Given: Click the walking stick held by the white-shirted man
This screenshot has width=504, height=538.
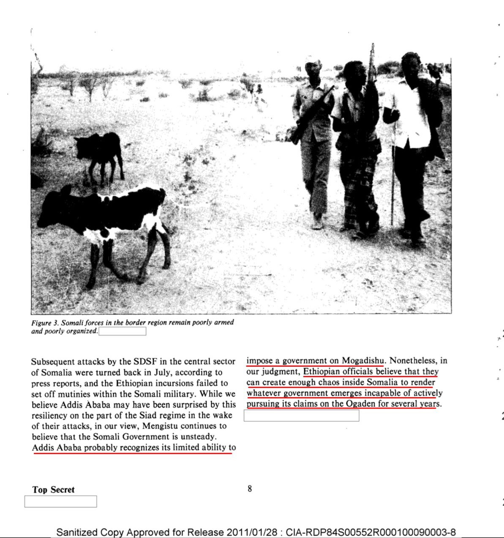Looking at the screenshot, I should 393,169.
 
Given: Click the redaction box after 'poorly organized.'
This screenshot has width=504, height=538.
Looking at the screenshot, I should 122,331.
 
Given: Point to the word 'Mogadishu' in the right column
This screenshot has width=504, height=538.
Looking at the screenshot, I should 363,361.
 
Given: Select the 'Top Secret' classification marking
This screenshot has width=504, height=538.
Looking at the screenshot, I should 53,490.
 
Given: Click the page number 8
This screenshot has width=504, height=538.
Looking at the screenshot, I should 250,489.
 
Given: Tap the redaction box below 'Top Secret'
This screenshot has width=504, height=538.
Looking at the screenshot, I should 60,502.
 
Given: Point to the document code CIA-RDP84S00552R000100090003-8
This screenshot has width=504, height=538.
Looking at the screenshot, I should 371,533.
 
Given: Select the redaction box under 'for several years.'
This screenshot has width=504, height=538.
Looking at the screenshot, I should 301,416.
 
